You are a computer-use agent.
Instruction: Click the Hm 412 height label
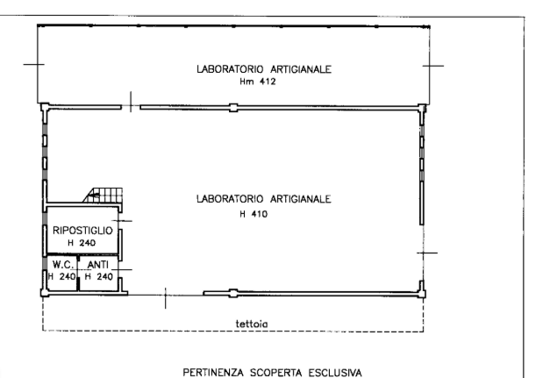(x=258, y=82)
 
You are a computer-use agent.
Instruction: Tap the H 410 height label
(x=254, y=214)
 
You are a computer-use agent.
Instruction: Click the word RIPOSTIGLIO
(x=82, y=231)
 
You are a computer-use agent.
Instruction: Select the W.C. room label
(x=63, y=265)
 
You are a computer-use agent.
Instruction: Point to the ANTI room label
(x=97, y=265)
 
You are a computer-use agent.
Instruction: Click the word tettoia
(x=252, y=324)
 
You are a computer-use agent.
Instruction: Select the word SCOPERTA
(x=276, y=373)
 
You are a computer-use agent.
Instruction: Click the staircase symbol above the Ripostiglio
(x=104, y=196)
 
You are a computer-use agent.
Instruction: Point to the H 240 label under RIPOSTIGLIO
(x=82, y=243)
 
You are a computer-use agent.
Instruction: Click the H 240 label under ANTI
(x=99, y=276)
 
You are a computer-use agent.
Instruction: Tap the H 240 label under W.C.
(x=61, y=276)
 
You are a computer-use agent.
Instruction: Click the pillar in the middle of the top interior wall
(x=233, y=108)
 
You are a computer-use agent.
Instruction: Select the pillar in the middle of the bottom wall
(x=233, y=294)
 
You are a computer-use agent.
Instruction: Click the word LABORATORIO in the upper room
(x=230, y=69)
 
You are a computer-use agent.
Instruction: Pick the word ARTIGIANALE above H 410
(x=301, y=199)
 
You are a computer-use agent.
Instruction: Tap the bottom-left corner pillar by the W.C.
(x=45, y=293)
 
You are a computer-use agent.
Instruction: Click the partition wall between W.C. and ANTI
(x=78, y=273)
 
